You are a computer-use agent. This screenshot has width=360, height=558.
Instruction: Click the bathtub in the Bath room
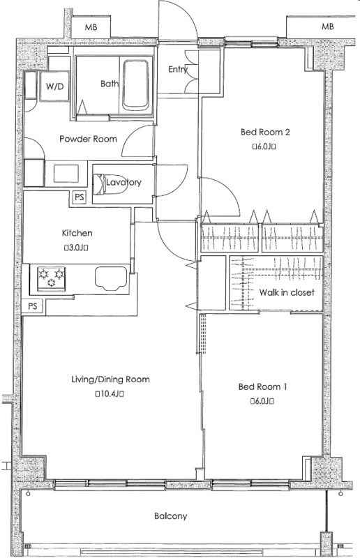[135, 85]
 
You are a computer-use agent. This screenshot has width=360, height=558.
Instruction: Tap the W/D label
[55, 86]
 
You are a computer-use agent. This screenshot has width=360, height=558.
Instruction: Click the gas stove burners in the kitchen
[52, 278]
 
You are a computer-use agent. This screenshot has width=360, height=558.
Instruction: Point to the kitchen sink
[111, 278]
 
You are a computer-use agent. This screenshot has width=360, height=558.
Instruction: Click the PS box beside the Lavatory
[80, 197]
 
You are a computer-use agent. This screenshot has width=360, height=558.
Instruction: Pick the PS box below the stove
[33, 306]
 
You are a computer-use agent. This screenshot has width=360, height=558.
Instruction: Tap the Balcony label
[170, 516]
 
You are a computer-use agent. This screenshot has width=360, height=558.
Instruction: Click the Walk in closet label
[287, 292]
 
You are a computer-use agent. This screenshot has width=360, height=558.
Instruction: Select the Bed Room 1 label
[263, 386]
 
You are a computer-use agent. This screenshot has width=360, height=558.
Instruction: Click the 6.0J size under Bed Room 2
[264, 146]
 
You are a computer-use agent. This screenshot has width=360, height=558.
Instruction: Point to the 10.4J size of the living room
[110, 393]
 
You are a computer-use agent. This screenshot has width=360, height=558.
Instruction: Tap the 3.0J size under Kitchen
[76, 248]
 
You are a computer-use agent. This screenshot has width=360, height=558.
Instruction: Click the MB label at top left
[91, 27]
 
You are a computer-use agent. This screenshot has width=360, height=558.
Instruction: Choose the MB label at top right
[328, 27]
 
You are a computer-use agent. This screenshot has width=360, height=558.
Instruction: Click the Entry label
[178, 69]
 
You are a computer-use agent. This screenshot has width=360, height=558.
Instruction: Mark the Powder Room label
[88, 139]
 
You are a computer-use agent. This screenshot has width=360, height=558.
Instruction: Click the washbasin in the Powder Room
[66, 173]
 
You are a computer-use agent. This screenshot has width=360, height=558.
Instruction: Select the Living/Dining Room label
[110, 379]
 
